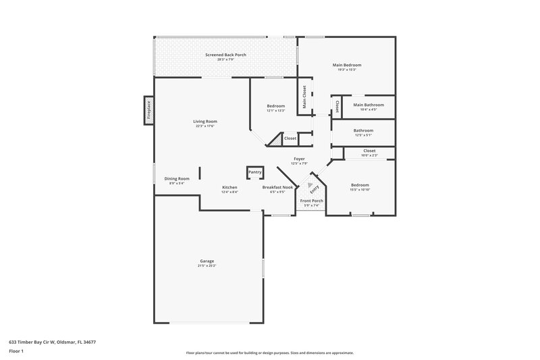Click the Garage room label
[207, 261]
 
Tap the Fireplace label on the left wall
[149, 109]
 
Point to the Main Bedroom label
[346, 65]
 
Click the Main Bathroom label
[369, 105]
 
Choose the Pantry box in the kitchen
[254, 172]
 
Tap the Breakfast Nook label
[278, 187]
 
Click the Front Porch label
[312, 201]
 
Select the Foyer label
[299, 159]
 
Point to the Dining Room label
[177, 178]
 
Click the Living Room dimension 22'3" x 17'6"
[205, 126]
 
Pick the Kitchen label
[230, 187]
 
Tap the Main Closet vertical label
[304, 97]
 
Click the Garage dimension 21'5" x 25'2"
[207, 265]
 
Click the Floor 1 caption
[17, 352]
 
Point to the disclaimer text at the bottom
[270, 353]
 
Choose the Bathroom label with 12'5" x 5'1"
[363, 131]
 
